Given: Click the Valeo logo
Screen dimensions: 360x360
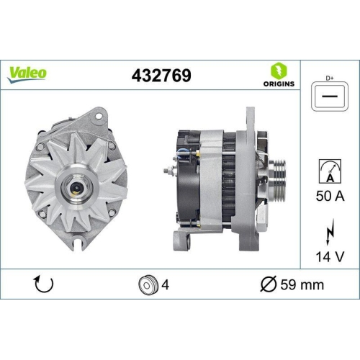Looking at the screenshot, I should pyautogui.click(x=28, y=73).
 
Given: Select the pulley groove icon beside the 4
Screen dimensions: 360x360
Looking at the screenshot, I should pyautogui.click(x=147, y=284).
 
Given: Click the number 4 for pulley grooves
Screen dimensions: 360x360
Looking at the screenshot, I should pyautogui.click(x=166, y=284).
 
